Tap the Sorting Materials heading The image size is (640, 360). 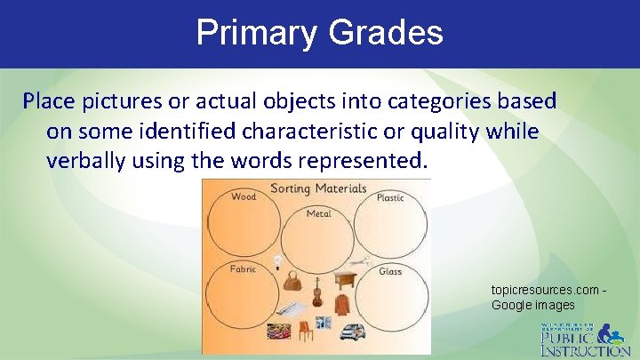tap(317, 188)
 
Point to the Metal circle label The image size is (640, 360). tap(318, 214)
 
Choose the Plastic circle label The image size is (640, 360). tap(390, 197)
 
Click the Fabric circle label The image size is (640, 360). tap(243, 268)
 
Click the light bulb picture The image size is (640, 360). tap(277, 262)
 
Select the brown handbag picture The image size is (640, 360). tap(292, 284)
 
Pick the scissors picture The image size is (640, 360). tap(358, 262)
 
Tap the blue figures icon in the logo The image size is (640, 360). tap(612, 335)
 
